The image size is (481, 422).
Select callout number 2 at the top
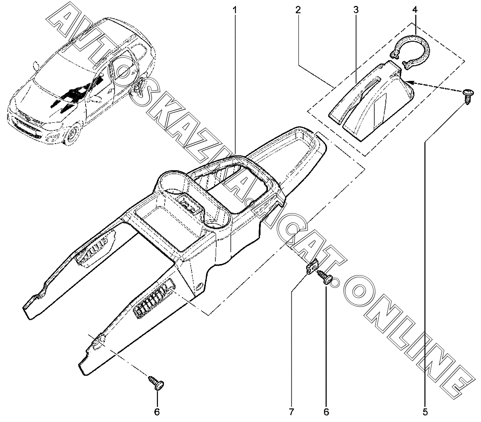[298, 10]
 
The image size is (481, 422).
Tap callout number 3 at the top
[356, 10]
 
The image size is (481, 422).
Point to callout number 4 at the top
[415, 10]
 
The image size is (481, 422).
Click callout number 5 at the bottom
[425, 412]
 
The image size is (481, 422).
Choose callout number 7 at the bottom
[291, 412]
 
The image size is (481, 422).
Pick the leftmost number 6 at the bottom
[157, 412]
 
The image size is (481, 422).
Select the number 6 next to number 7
[326, 412]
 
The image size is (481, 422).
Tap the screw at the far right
[467, 96]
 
